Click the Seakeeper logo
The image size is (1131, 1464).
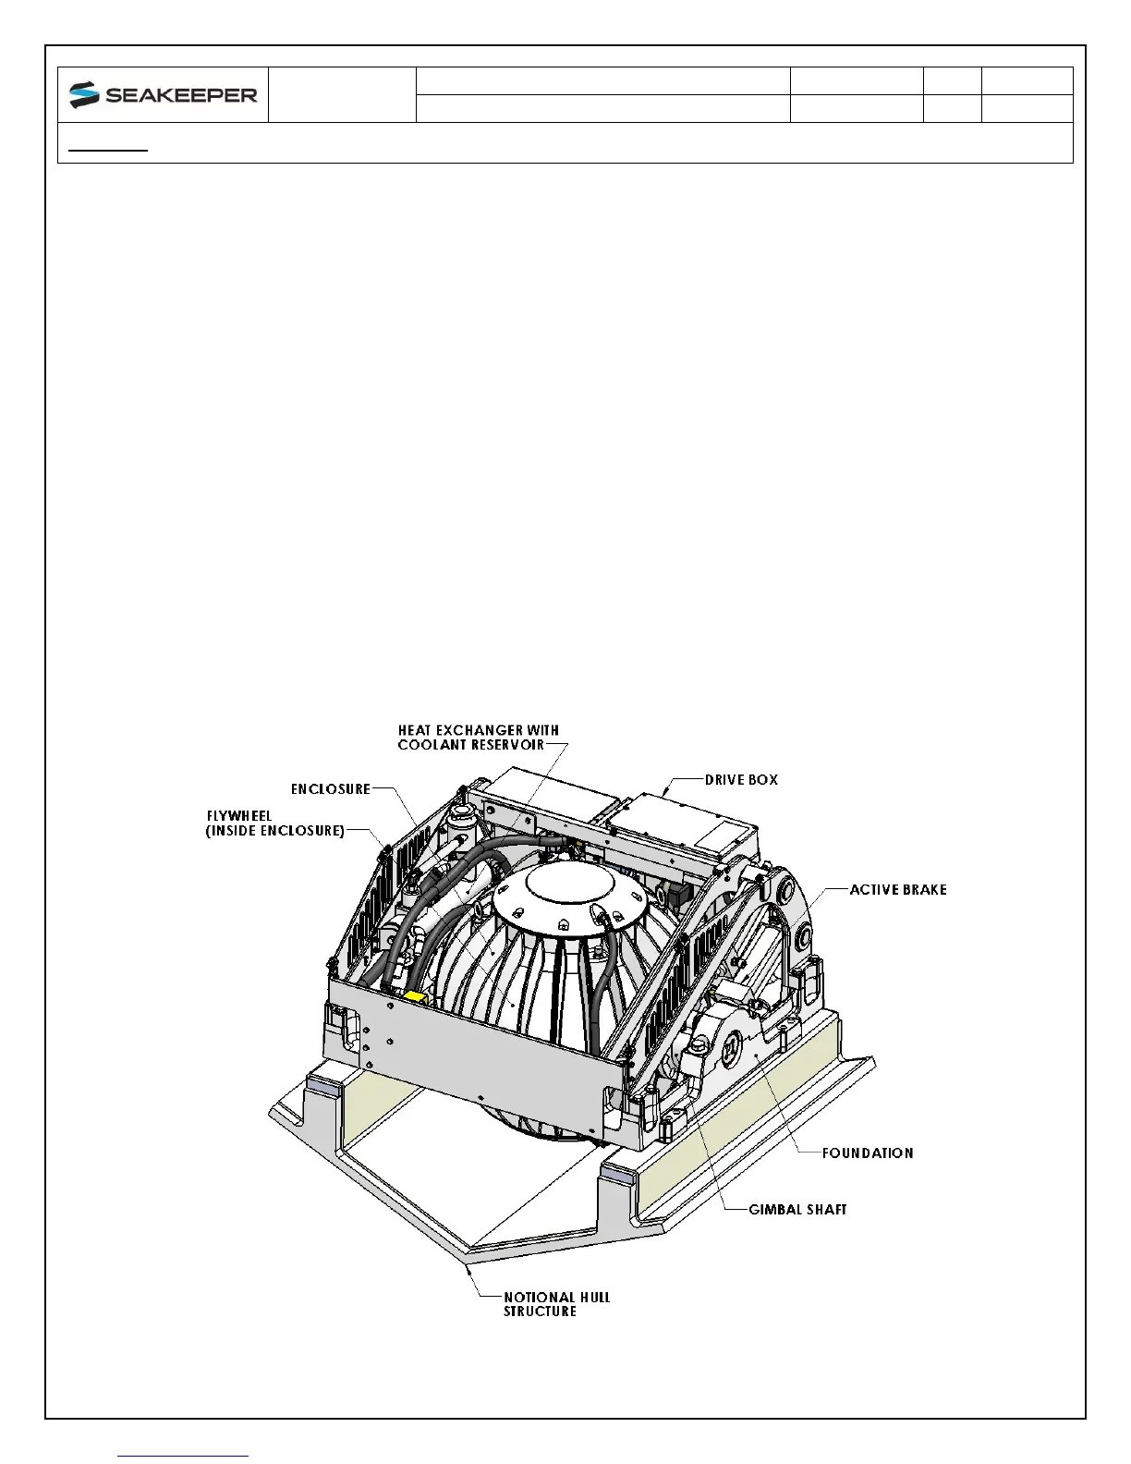pos(163,94)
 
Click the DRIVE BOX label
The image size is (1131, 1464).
pos(741,780)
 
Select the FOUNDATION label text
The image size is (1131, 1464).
pos(868,1153)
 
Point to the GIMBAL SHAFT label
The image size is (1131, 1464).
pos(797,1209)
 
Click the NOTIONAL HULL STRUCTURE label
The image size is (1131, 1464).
pos(556,1304)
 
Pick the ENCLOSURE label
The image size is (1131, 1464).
pos(330,789)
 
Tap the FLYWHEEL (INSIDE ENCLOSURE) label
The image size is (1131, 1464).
pos(275,824)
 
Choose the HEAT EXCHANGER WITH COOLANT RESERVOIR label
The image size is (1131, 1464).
pos(478,738)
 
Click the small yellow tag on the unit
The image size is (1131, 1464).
pos(415,998)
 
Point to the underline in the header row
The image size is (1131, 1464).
pos(110,149)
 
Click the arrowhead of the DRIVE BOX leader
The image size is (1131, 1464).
pos(668,794)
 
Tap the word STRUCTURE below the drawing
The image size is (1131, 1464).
pos(540,1311)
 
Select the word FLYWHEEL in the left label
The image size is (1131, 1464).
pos(238,817)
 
